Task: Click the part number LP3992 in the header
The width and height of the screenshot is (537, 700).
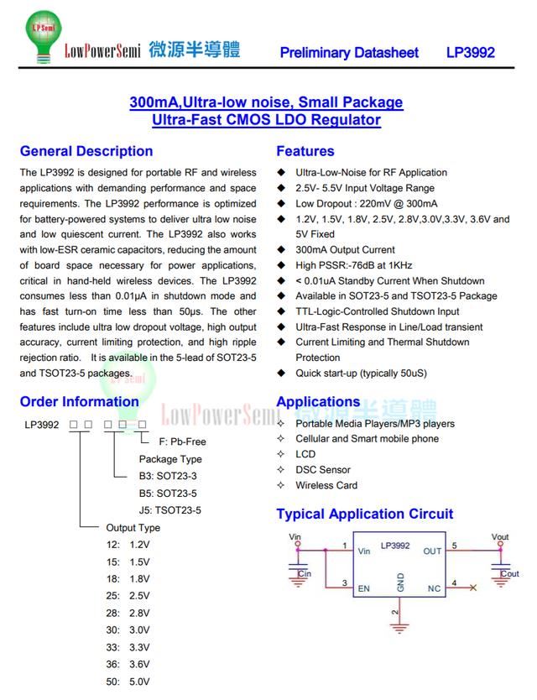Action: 470,52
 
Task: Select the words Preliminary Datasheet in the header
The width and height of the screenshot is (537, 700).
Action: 349,52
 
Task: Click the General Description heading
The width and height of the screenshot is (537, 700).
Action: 86,151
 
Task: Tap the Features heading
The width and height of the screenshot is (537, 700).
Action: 305,151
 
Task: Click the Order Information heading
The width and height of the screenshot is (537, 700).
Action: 80,401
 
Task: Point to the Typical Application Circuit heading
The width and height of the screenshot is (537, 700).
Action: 365,514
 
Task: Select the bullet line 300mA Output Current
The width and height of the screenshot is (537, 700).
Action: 345,249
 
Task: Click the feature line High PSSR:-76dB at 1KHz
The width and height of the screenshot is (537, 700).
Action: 353,264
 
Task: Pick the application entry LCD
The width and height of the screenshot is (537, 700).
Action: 305,454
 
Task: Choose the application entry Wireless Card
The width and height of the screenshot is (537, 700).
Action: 326,485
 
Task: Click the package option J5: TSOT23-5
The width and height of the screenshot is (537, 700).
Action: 170,510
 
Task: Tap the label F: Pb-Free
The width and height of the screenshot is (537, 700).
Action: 182,441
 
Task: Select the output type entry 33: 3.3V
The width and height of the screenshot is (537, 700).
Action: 128,647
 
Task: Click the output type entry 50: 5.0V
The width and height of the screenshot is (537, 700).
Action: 128,682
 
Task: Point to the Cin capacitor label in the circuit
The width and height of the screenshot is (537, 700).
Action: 305,574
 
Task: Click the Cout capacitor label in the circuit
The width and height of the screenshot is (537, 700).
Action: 509,574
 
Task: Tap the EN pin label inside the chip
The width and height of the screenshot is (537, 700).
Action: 364,588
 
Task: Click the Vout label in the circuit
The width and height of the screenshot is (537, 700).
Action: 500,537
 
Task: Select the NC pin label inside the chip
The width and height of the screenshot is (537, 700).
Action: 434,588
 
